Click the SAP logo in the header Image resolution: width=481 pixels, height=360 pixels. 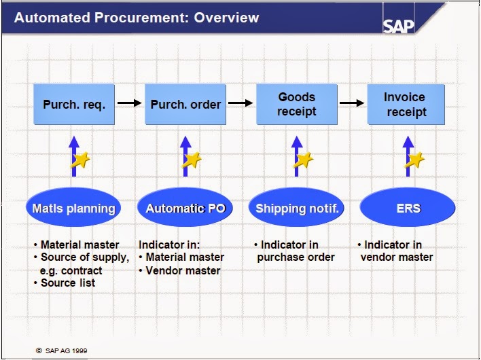[399, 26]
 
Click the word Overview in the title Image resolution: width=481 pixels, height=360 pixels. [226, 18]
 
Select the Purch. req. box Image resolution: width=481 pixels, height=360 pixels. [74, 104]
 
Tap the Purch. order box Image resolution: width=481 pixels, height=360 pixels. [185, 104]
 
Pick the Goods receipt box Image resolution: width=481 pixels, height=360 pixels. [297, 104]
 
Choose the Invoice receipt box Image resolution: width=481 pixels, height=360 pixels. [406, 104]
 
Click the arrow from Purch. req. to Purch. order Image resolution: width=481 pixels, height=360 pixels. [130, 103]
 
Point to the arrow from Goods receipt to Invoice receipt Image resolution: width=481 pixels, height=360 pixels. [352, 103]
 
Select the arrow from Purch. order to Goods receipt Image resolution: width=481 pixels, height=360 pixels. [240, 103]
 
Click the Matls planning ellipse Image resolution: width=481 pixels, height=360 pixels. [73, 207]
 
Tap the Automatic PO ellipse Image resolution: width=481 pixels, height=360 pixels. [185, 207]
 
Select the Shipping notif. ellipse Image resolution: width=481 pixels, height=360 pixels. [296, 207]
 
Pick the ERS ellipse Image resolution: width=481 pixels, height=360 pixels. [408, 207]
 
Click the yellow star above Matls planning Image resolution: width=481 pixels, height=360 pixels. [80, 160]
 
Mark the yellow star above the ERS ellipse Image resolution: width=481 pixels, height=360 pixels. [414, 160]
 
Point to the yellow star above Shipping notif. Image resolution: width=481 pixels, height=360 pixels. [304, 160]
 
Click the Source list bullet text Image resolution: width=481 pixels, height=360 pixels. [65, 283]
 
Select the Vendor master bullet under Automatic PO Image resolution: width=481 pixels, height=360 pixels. [179, 270]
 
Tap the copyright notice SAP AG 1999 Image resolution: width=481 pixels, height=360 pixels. [62, 350]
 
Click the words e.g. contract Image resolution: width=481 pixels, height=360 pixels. [71, 271]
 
